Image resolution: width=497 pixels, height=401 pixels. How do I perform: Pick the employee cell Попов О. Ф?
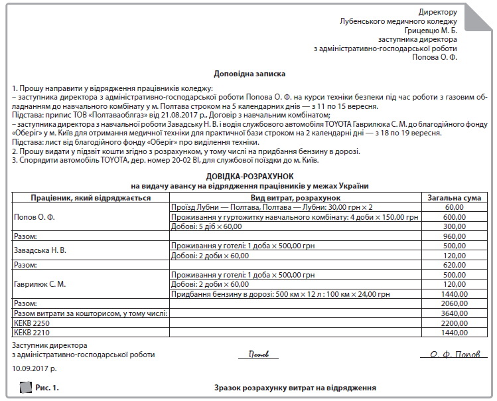point(35,216)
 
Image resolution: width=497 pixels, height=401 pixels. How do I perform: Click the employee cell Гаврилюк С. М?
point(40,283)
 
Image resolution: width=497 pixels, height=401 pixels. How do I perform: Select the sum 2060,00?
point(454,303)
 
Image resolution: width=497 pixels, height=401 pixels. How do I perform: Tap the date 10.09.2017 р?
point(35,366)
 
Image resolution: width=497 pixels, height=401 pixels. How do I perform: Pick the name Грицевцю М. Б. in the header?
point(431,31)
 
